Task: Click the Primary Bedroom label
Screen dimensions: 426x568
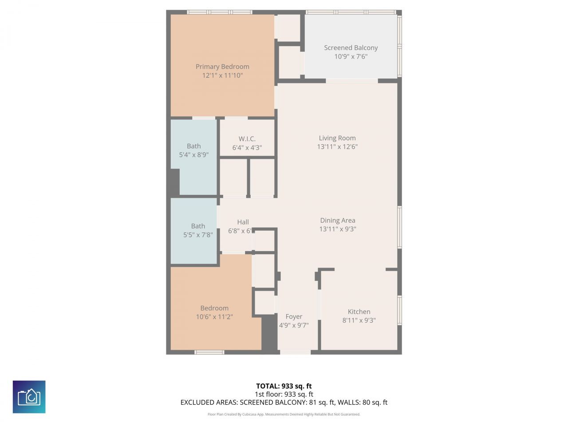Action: tap(222, 67)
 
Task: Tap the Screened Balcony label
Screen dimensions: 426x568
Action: tap(351, 47)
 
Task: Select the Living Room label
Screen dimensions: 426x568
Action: tap(337, 138)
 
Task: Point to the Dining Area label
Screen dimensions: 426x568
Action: tap(338, 220)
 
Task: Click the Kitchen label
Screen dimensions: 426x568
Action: tap(359, 312)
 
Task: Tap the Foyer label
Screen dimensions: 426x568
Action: tap(294, 316)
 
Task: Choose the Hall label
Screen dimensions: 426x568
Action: tap(243, 222)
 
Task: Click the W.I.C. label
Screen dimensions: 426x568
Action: tap(247, 138)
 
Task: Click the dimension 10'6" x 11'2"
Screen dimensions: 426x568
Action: tap(214, 317)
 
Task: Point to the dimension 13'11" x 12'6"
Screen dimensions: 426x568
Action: tap(337, 146)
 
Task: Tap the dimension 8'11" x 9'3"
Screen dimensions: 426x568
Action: tap(359, 320)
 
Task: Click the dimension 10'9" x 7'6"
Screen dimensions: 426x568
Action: tap(351, 56)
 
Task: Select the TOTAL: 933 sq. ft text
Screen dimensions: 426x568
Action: tap(284, 386)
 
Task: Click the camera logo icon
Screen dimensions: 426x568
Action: tap(29, 397)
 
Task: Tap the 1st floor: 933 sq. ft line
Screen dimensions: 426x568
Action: tap(284, 394)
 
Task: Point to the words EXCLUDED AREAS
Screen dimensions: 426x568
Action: tap(209, 402)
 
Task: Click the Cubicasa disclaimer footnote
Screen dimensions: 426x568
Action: tap(284, 414)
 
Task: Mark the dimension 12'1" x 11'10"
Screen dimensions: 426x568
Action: tap(222, 75)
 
